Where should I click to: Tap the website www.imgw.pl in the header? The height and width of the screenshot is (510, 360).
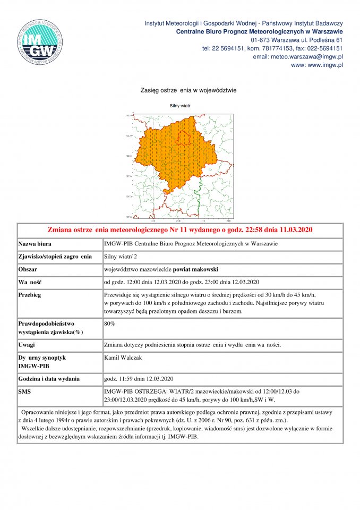[317, 65]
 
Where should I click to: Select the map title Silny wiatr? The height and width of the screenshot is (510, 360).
[179, 106]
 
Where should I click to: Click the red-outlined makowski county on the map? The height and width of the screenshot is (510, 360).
[183, 137]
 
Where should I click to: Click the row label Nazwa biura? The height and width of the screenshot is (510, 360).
[36, 244]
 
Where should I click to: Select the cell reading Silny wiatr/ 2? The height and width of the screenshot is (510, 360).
[121, 257]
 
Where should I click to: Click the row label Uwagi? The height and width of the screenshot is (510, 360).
[28, 345]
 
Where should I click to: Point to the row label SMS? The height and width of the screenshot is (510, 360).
[25, 392]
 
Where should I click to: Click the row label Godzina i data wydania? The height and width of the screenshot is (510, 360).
[49, 379]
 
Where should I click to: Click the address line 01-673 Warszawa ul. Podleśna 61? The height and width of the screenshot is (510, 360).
[297, 40]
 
